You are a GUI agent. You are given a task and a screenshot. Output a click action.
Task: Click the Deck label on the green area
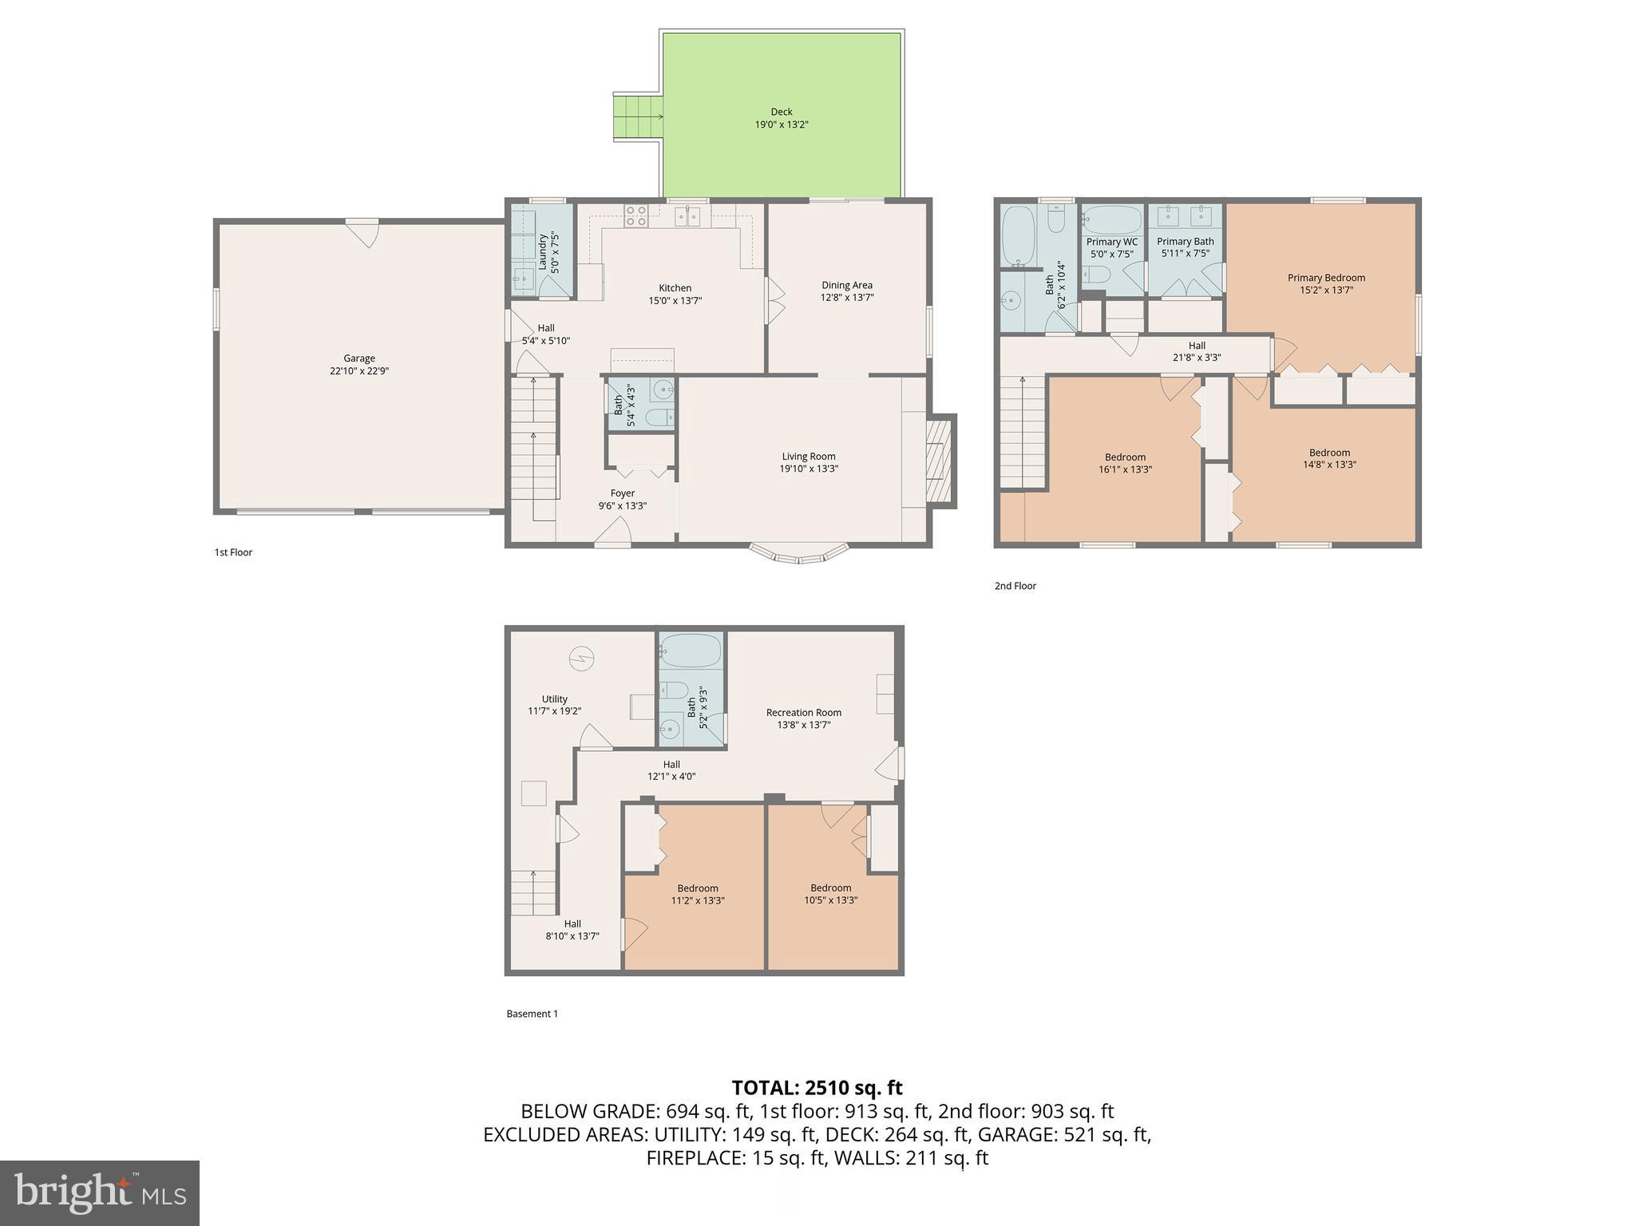(x=781, y=113)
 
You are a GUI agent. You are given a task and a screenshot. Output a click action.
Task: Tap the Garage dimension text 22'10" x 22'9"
(x=359, y=371)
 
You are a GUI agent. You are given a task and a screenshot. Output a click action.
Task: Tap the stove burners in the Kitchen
(x=636, y=216)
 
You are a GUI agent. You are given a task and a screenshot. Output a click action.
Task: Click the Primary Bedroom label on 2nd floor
(x=1326, y=278)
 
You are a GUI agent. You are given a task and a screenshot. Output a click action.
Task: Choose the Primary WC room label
(x=1111, y=242)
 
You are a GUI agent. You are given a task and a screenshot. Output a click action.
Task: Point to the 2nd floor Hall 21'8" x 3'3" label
(x=1196, y=352)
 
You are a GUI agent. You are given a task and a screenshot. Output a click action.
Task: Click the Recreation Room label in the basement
(x=803, y=713)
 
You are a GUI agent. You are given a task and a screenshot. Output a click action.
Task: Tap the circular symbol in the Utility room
(x=581, y=658)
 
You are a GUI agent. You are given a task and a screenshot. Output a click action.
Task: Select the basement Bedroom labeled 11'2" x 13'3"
(x=697, y=894)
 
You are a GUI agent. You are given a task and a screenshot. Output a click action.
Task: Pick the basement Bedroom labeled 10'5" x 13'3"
(x=830, y=894)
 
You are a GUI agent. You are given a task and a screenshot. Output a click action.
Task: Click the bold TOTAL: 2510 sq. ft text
(x=817, y=1088)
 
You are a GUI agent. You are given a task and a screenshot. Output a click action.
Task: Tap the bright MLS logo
(x=100, y=1192)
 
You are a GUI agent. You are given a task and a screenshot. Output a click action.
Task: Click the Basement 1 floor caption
(x=532, y=1014)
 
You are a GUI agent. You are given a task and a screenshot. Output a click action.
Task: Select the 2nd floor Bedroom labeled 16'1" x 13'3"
(x=1125, y=464)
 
